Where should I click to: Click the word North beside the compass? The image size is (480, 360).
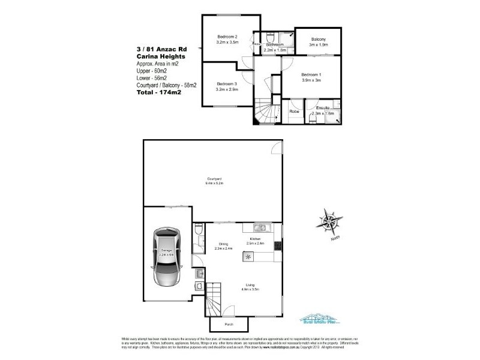335,238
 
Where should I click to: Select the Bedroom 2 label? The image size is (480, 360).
227,37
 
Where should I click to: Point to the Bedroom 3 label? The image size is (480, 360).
227,83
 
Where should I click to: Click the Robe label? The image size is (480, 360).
294,112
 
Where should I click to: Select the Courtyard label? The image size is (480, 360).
215,179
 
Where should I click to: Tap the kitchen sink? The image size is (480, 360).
259,227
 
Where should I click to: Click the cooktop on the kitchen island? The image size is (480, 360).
248,256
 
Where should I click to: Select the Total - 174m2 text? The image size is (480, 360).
159,93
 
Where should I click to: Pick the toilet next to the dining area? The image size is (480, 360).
199,230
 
